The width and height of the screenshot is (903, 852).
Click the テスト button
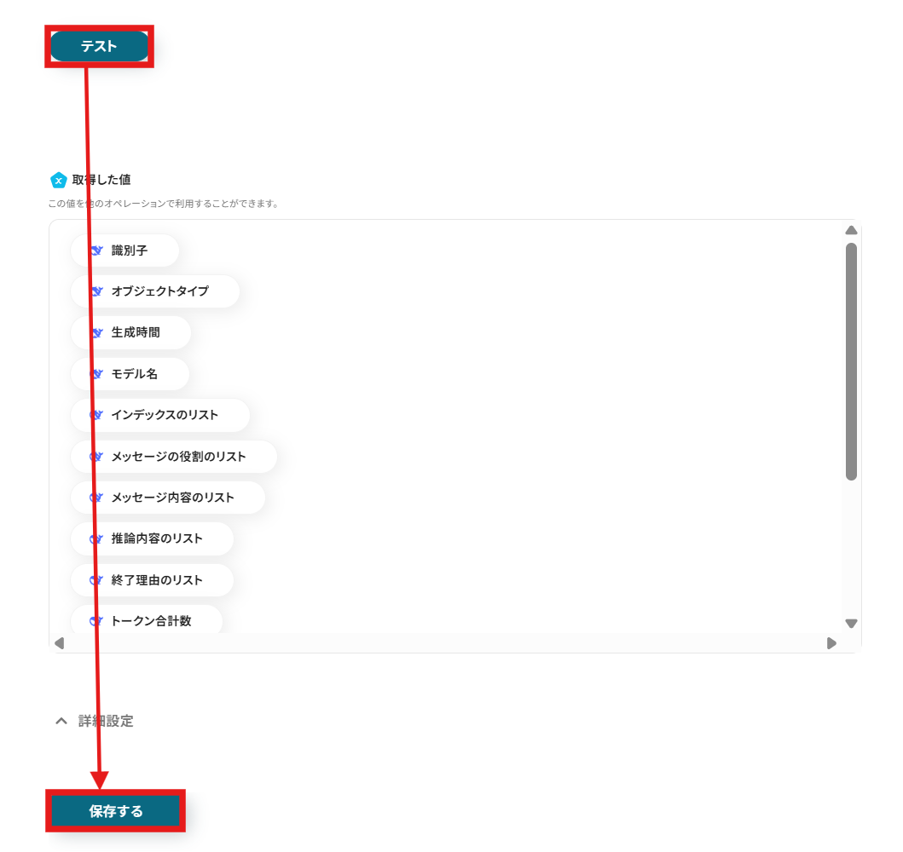tap(99, 46)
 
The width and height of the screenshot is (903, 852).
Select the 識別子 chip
tap(125, 250)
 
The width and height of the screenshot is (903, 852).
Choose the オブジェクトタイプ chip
tap(155, 291)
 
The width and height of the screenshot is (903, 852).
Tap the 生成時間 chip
tap(131, 332)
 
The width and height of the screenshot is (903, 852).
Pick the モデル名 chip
tap(130, 374)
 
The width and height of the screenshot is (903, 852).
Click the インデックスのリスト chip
tap(160, 415)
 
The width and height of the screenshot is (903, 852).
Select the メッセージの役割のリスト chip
tap(174, 457)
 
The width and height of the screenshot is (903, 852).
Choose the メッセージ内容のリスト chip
tap(168, 498)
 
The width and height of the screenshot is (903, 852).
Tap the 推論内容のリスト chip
tap(153, 538)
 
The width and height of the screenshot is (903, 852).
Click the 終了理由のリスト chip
tap(153, 580)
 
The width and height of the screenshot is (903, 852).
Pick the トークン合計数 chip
tap(147, 621)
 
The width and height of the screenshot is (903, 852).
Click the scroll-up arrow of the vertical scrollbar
tap(851, 230)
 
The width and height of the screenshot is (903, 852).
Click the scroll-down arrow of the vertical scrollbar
tap(851, 624)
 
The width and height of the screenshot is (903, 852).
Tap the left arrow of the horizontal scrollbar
tap(59, 643)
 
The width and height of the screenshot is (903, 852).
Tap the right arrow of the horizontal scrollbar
tap(831, 643)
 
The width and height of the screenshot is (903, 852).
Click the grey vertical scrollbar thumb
tap(851, 361)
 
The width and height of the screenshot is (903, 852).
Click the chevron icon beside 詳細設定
tap(61, 721)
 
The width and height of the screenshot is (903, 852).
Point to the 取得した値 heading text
tap(101, 180)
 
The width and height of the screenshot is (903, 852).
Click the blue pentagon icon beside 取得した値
tap(58, 180)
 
